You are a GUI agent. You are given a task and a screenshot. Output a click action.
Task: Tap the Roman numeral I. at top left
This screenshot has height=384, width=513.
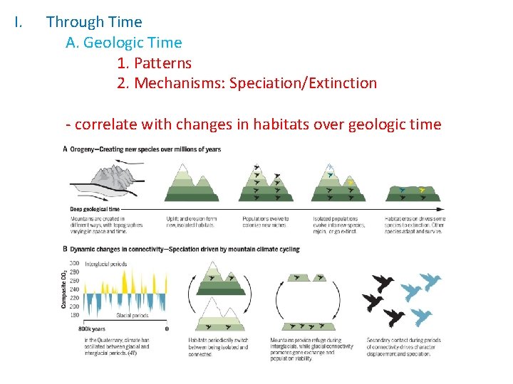[19, 22]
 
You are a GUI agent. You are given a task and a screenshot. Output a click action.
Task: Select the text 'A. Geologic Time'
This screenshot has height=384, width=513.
[123, 43]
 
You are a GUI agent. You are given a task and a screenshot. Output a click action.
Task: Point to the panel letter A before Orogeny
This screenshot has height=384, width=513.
[66, 149]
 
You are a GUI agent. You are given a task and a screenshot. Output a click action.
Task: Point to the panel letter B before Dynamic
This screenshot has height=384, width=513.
[66, 250]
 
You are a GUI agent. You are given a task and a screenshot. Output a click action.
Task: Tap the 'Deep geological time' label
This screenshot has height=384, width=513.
[95, 209]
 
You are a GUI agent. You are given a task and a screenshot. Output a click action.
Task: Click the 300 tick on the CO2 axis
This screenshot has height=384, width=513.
[74, 264]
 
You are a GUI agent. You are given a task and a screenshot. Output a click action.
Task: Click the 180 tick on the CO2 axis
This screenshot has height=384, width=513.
[74, 314]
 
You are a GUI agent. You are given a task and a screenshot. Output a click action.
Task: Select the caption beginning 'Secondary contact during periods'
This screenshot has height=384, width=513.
[403, 347]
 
